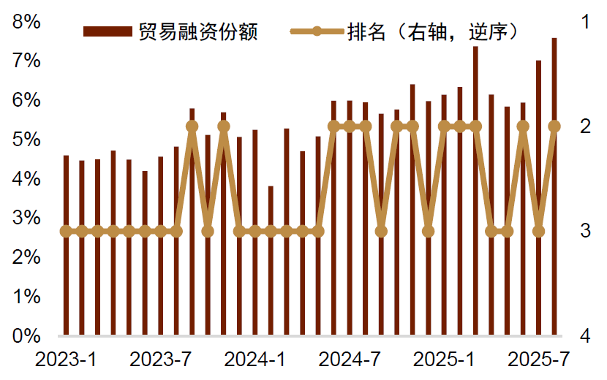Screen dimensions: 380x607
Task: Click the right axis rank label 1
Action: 585,22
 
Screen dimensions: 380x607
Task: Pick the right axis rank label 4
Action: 585,336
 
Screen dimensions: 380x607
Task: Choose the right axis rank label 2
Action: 585,126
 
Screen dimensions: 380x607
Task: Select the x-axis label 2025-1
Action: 444,360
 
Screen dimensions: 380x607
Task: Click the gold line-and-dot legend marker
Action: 317,31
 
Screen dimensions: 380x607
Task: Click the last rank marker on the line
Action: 554,126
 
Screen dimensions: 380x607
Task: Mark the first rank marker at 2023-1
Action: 66,231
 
